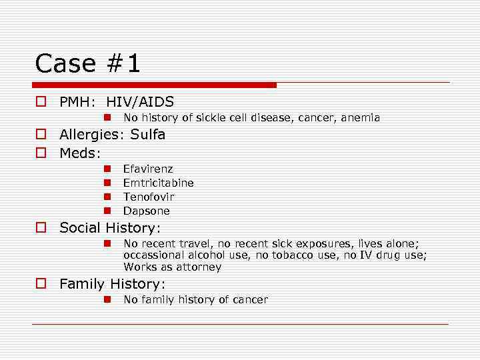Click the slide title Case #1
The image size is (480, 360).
click(88, 63)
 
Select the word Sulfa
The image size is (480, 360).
click(147, 135)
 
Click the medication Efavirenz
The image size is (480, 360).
click(148, 169)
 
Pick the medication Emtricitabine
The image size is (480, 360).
click(159, 183)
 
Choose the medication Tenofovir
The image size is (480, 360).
click(149, 197)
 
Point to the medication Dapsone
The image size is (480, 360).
click(147, 211)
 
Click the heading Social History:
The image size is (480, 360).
click(110, 228)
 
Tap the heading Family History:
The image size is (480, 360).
click(113, 285)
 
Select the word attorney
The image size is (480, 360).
click(199, 267)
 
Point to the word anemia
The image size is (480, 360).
click(360, 118)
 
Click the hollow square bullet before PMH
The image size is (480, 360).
click(41, 103)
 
